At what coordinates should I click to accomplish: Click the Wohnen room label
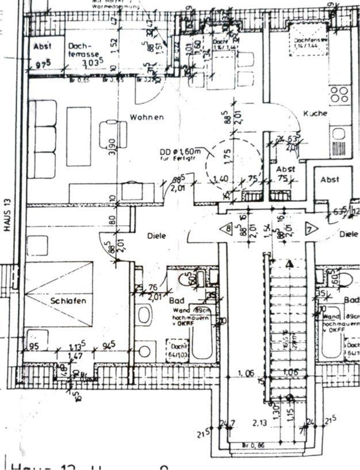(x=147, y=117)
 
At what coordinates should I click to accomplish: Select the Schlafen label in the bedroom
(x=68, y=301)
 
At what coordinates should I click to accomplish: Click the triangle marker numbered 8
(x=229, y=228)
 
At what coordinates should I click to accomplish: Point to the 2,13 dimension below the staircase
(x=263, y=425)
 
